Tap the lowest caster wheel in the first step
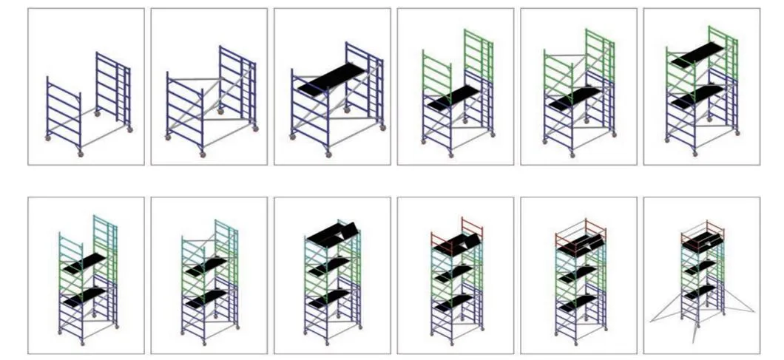pyautogui.click(x=81, y=152)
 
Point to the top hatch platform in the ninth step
pyautogui.click(x=331, y=234)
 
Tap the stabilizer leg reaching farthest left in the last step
pyautogui.click(x=666, y=310)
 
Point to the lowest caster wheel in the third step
pyautogui.click(x=328, y=153)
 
